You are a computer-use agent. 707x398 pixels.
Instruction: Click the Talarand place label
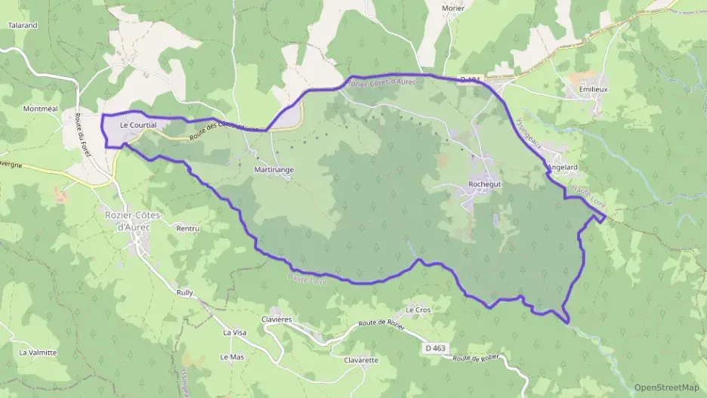pos(23,25)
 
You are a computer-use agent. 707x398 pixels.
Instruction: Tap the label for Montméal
pos(41,109)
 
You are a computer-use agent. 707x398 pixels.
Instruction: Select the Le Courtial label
pos(137,125)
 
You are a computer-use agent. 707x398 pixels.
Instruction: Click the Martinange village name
pos(273,170)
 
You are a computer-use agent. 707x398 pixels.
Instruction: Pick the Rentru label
pos(187,228)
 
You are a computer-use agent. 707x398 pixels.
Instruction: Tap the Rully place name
pos(184,292)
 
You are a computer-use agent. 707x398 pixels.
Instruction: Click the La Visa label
pos(234,332)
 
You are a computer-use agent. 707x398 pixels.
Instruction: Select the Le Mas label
pos(232,356)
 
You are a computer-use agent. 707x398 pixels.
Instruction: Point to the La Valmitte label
pos(38,352)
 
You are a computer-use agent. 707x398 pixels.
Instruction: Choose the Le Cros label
pos(418,310)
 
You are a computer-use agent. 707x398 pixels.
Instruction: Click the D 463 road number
pos(435,348)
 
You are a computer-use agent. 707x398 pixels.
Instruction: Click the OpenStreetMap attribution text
pos(666,387)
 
